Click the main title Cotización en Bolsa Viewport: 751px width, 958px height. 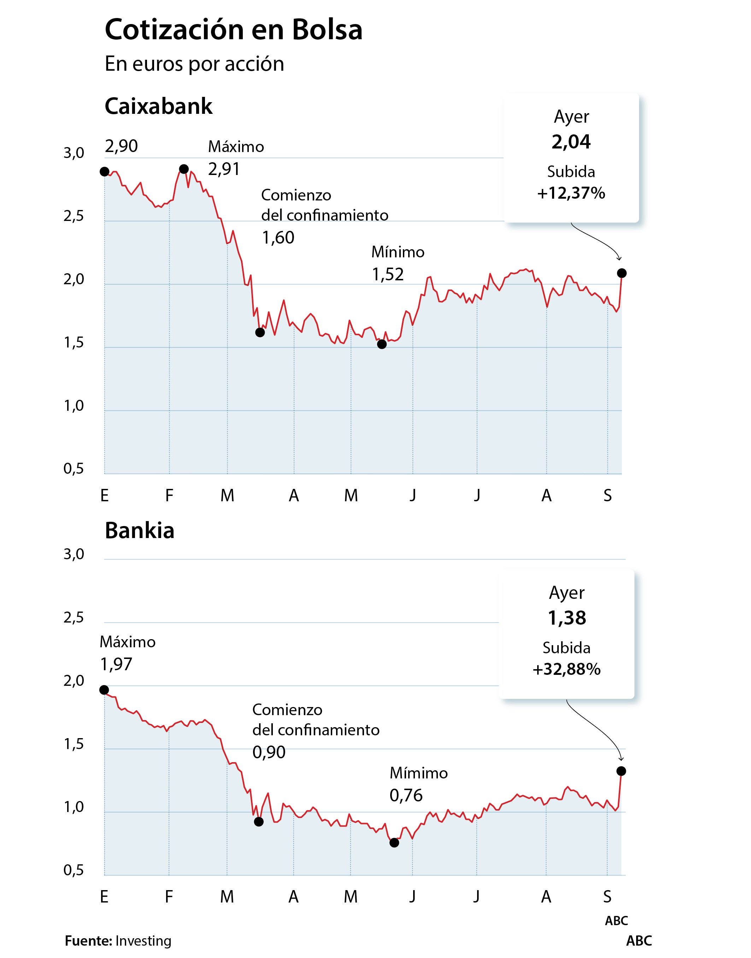[234, 30]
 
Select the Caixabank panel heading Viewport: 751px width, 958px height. [158, 106]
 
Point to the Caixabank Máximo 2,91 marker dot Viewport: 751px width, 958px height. [184, 169]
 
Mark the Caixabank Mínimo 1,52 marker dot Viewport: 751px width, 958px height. [382, 344]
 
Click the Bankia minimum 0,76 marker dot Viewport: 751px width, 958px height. [394, 843]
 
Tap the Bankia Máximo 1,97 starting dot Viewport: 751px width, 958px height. [104, 690]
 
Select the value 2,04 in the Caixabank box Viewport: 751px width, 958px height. [571, 142]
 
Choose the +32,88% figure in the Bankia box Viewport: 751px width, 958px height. [566, 670]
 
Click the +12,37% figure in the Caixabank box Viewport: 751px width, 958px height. [571, 193]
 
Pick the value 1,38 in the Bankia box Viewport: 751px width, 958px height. [567, 618]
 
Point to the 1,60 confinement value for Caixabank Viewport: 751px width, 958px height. [278, 238]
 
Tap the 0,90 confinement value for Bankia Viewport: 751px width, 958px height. [269, 753]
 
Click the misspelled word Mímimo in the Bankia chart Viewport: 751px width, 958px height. [418, 773]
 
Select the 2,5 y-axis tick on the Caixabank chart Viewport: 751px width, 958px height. [74, 216]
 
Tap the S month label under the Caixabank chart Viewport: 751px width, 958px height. [607, 496]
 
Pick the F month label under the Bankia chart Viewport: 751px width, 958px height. [169, 896]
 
